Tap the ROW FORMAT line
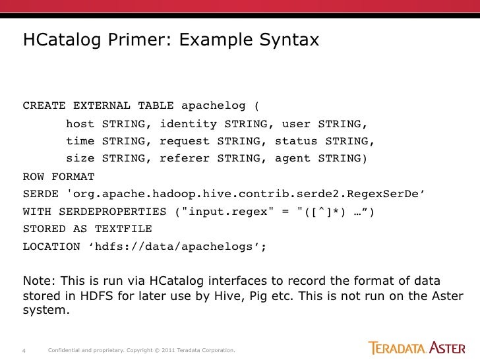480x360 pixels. [x=59, y=177]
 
